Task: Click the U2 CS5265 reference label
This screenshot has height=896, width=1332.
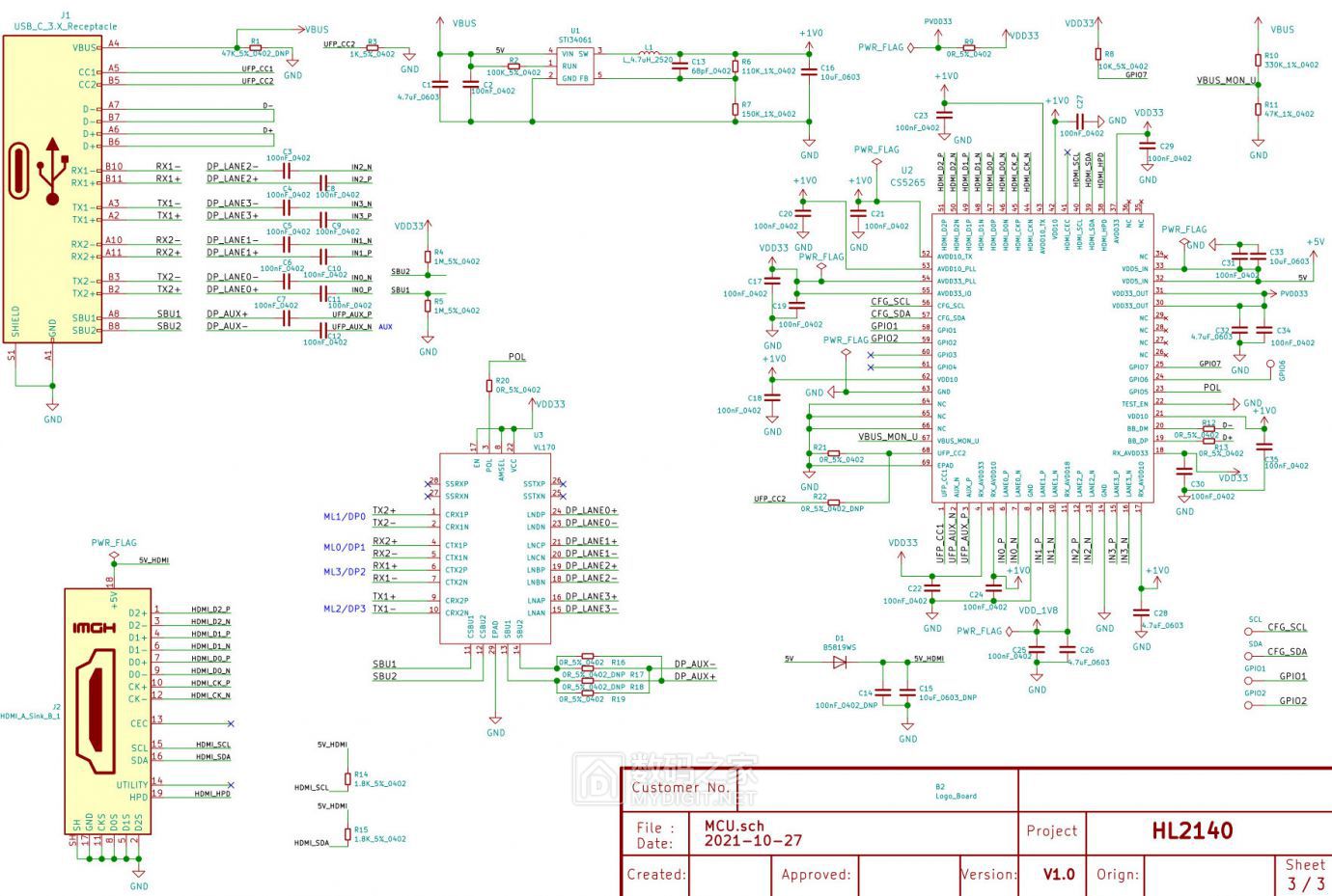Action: tap(907, 176)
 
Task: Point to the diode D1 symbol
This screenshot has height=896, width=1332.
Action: tap(840, 662)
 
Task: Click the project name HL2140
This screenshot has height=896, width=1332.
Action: tap(1192, 830)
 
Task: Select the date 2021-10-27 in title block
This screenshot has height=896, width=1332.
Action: tap(753, 840)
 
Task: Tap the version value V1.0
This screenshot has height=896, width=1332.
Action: tap(1059, 874)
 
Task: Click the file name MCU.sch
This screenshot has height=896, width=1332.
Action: tap(734, 826)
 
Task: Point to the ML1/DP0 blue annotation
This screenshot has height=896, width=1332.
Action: tap(344, 517)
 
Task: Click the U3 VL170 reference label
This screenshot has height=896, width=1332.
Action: tap(543, 442)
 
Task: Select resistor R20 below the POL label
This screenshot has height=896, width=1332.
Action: tap(489, 386)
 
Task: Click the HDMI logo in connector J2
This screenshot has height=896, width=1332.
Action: tap(94, 628)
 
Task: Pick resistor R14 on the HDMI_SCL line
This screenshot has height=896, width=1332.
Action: tap(348, 779)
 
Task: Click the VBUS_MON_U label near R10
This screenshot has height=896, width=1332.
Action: tap(1226, 81)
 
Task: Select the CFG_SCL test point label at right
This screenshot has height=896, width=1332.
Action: tap(1287, 627)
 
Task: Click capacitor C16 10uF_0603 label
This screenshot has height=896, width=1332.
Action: tap(840, 72)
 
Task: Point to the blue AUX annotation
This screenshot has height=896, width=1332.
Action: tap(385, 327)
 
